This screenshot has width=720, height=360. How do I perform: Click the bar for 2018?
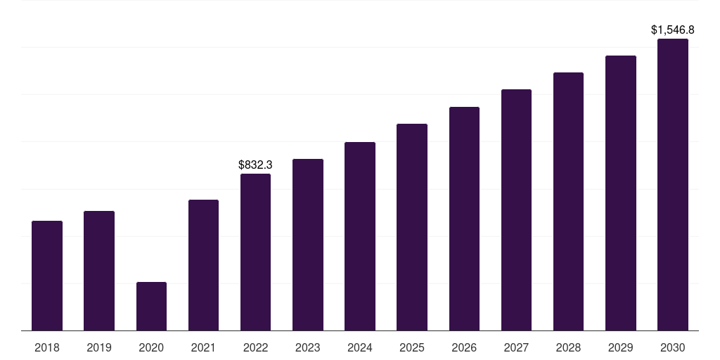(x=47, y=276)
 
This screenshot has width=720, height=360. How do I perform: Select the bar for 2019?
(x=99, y=271)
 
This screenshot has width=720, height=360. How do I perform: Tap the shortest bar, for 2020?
(x=152, y=307)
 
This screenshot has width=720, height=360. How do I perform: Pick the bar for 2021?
(x=203, y=265)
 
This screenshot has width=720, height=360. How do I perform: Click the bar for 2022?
(x=255, y=252)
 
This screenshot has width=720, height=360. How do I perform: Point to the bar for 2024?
(x=360, y=236)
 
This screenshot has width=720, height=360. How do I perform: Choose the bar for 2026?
(x=464, y=219)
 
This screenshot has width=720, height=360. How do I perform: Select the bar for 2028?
(x=568, y=202)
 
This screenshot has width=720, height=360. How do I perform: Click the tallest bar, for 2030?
(x=673, y=185)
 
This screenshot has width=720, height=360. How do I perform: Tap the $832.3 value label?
(x=255, y=165)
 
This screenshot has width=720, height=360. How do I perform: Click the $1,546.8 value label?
(x=673, y=30)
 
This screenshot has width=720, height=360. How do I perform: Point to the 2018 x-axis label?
(x=47, y=347)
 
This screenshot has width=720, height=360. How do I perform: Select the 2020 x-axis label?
(x=151, y=347)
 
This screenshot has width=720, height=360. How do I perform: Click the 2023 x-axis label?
(x=308, y=347)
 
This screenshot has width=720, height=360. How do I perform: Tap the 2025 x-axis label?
(x=412, y=347)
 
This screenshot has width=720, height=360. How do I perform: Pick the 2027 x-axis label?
(x=516, y=347)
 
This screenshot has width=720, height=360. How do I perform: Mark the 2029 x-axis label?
(x=620, y=347)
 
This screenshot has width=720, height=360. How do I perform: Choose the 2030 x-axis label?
(x=673, y=347)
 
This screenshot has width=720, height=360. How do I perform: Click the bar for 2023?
(x=308, y=245)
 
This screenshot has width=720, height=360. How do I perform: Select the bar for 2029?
(x=621, y=193)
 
